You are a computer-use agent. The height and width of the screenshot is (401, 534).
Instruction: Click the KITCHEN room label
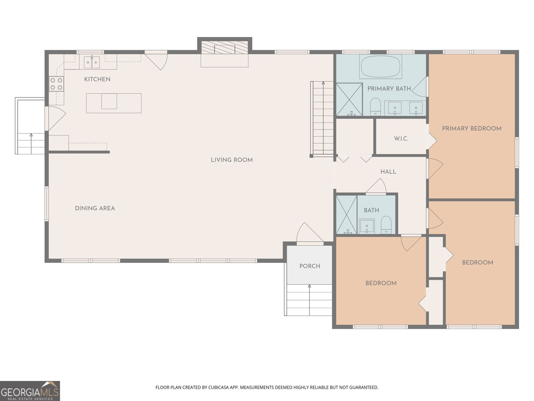pyautogui.click(x=97, y=79)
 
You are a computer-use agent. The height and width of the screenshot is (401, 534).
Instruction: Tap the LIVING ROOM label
pyautogui.click(x=232, y=160)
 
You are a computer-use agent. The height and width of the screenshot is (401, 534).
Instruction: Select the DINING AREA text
pyautogui.click(x=95, y=208)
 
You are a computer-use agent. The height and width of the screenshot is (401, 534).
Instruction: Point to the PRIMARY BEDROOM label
pyautogui.click(x=472, y=128)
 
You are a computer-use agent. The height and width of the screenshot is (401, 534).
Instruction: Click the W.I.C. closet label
pyautogui.click(x=401, y=139)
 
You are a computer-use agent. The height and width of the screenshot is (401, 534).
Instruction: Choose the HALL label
pyautogui.click(x=388, y=172)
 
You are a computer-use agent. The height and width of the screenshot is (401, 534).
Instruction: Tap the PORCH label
pyautogui.click(x=310, y=266)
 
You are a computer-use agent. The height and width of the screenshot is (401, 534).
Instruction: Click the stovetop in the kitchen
pyautogui.click(x=56, y=84)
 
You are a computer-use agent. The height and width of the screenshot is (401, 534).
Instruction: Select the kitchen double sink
pyautogui.click(x=92, y=62)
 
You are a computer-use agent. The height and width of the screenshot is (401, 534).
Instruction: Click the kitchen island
pyautogui.click(x=114, y=103)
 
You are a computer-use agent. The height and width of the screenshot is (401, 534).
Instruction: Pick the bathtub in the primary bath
pyautogui.click(x=380, y=66)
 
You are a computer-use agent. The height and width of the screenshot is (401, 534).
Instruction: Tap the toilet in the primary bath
pyautogui.click(x=375, y=106)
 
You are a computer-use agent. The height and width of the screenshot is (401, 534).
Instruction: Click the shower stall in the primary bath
pyautogui.click(x=349, y=99)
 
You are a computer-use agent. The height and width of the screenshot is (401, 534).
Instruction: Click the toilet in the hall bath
pyautogui.click(x=386, y=225)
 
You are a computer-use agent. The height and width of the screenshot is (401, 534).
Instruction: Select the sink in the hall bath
pyautogui.click(x=367, y=226)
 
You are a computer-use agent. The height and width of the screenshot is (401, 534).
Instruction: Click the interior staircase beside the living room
pyautogui.click(x=322, y=118)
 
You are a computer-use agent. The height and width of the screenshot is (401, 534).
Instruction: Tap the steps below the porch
pyautogui.click(x=309, y=300)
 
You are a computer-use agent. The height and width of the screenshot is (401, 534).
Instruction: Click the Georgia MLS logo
pyautogui.click(x=30, y=391)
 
